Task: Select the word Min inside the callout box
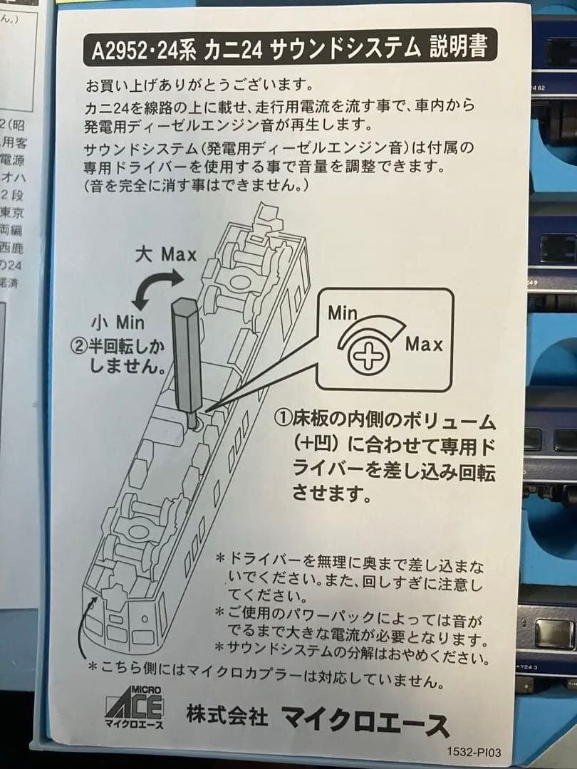[343, 312]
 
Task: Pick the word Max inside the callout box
[424, 345]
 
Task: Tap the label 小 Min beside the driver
[115, 321]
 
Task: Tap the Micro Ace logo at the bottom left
[134, 707]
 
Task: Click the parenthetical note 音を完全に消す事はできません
[196, 186]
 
